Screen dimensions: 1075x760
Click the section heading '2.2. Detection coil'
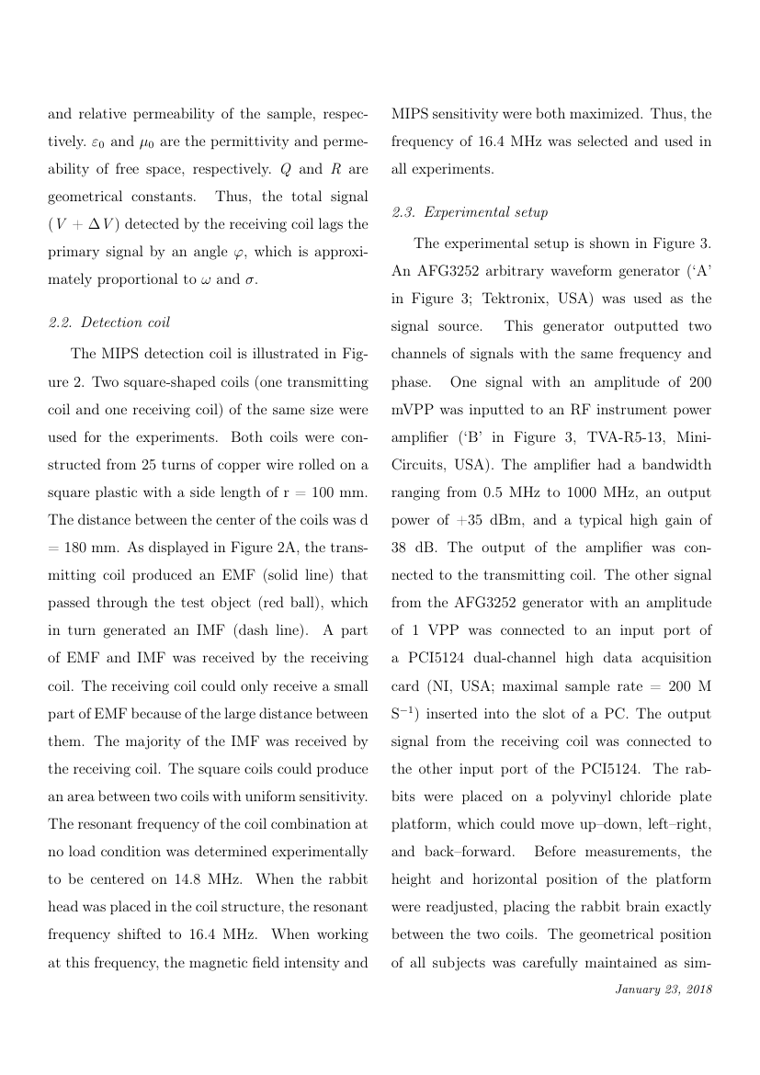[108, 322]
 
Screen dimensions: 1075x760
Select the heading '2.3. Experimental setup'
[470, 212]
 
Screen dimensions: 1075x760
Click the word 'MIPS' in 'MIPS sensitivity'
[411, 115]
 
